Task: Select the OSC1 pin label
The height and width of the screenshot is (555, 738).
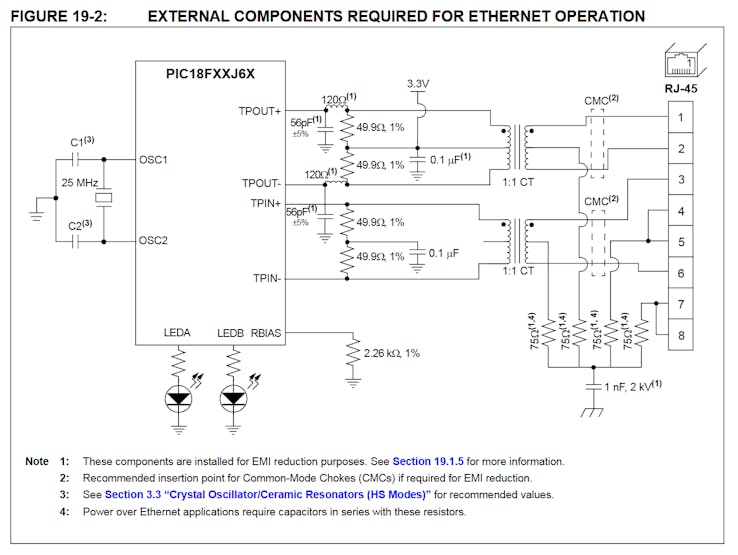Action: (153, 160)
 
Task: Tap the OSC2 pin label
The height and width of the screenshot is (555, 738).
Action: (153, 241)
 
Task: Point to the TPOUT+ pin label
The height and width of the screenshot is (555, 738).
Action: (260, 110)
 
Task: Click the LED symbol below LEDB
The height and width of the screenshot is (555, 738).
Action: (234, 398)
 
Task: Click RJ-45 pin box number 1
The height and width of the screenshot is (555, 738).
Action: (680, 118)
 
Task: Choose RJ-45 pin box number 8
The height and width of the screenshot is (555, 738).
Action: (680, 335)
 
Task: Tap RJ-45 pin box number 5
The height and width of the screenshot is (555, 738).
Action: (680, 242)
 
